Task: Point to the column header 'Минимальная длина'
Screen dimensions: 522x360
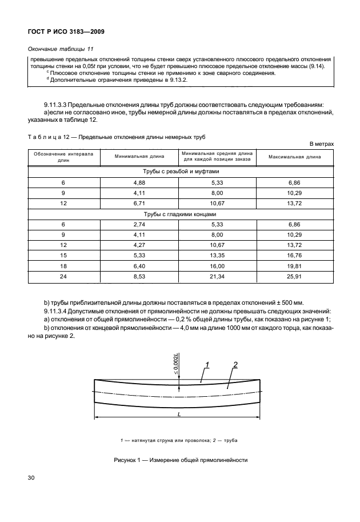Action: pos(139,156)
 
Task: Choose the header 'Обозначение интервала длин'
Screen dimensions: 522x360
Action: pos(63,156)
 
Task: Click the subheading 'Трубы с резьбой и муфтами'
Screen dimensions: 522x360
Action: pos(181,170)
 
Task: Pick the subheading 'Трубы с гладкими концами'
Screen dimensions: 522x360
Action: pos(181,214)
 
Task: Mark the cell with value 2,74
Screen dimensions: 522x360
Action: pos(139,225)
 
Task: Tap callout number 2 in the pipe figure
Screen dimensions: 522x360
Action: pos(235,364)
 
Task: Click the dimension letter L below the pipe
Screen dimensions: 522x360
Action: pos(179,416)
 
